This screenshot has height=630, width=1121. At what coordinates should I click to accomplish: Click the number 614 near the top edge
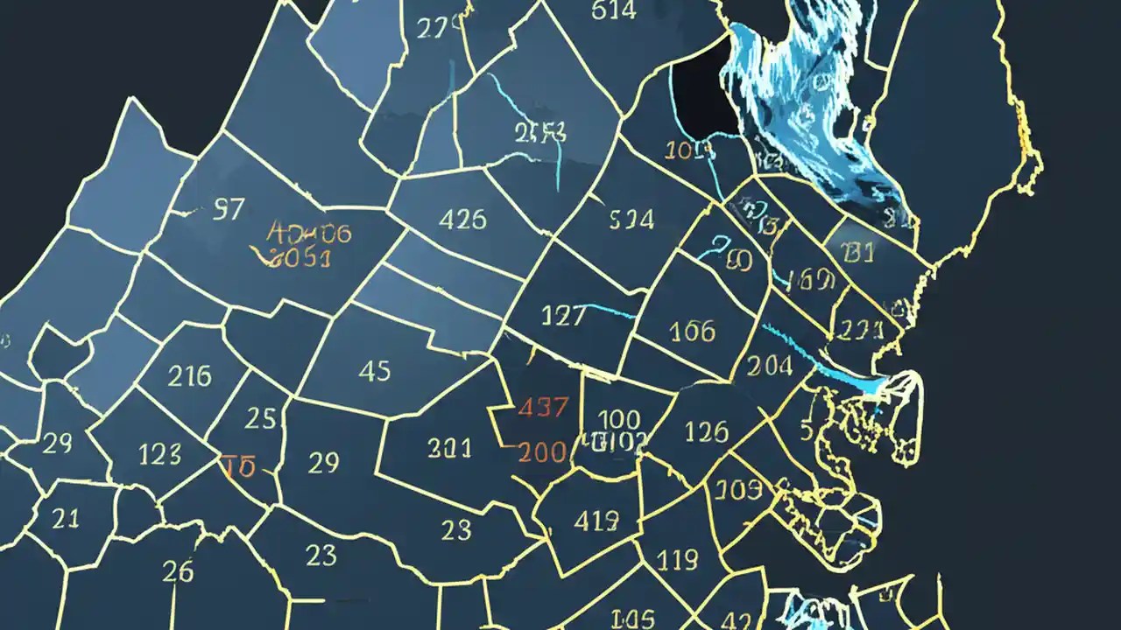click(613, 11)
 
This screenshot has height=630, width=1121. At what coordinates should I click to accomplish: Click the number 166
click(692, 331)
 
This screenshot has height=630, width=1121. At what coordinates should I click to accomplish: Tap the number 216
click(189, 376)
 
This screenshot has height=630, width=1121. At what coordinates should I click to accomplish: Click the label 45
click(374, 371)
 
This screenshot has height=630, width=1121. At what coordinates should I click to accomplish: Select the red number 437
click(543, 407)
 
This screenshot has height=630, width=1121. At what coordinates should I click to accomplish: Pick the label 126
click(706, 430)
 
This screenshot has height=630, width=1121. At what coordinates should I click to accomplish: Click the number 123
click(160, 453)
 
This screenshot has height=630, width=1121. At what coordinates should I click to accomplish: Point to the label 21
click(66, 518)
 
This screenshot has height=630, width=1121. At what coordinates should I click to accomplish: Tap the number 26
click(178, 571)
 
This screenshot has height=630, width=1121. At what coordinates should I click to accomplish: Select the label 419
click(596, 521)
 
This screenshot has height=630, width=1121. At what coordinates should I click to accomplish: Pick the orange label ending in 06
click(308, 233)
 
